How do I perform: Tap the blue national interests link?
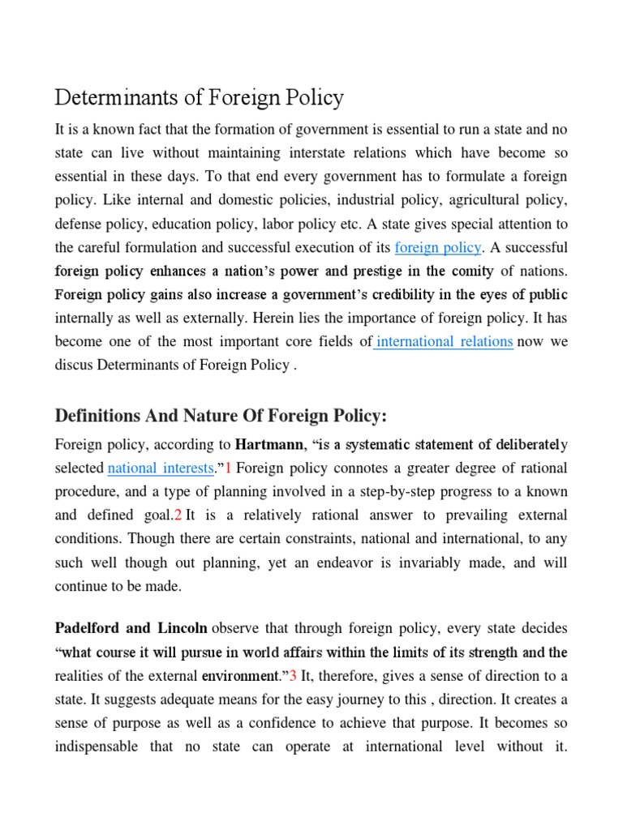click(x=161, y=468)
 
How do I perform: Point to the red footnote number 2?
click(x=178, y=516)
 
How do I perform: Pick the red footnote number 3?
click(x=294, y=675)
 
